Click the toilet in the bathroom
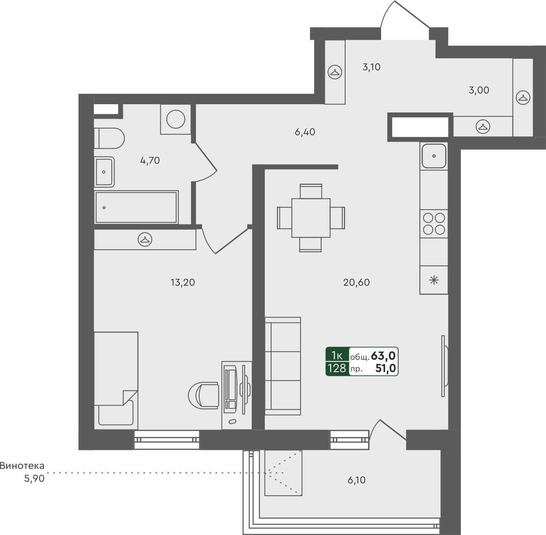point(110,138)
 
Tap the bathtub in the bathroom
point(136,207)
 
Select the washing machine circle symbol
point(176,119)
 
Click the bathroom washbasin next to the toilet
point(104,172)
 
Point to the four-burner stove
point(434,224)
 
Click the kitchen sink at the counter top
point(434,156)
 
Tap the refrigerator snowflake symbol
point(434,280)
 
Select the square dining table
point(311,218)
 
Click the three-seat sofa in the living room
point(283,366)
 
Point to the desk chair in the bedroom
point(204,395)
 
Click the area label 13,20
point(182,282)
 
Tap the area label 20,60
point(356,282)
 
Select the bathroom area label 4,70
point(150,160)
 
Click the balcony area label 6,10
point(356,480)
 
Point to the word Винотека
point(22,466)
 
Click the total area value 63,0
point(383,356)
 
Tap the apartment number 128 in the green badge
point(336,368)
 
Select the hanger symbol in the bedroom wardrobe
point(145,239)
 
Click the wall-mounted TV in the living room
point(444,366)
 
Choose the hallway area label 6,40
point(305,132)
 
